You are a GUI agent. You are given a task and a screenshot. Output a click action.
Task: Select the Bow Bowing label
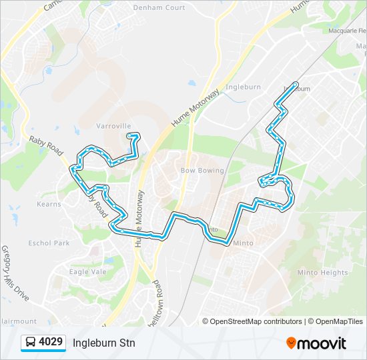point(202,171)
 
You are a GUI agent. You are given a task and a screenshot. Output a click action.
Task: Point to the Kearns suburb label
point(49,204)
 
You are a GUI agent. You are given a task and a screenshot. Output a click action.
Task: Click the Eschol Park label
point(49,243)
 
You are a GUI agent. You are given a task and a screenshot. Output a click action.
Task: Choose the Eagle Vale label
point(87,271)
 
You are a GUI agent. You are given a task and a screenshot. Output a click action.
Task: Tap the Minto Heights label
point(322,273)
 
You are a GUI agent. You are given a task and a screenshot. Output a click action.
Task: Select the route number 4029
point(51,343)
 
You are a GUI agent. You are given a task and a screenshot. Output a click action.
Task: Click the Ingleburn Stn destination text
point(103,343)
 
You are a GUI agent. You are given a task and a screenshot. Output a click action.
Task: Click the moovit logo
point(316,343)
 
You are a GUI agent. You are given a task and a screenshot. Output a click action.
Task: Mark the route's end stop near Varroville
point(128,136)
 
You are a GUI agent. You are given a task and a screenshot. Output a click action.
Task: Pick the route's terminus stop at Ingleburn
point(296,85)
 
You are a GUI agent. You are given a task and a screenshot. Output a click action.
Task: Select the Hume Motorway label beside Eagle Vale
point(140,219)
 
